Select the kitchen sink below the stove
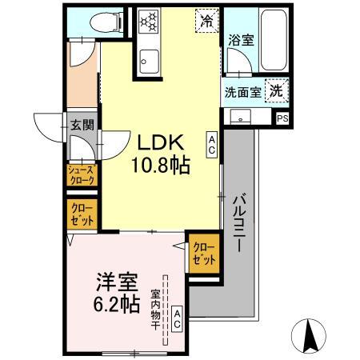point(149,58)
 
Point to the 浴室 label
point(241,39)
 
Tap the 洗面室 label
point(242,91)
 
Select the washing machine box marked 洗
point(277,90)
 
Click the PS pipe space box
point(282,118)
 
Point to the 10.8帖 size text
point(162,167)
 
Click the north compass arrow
point(314,334)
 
